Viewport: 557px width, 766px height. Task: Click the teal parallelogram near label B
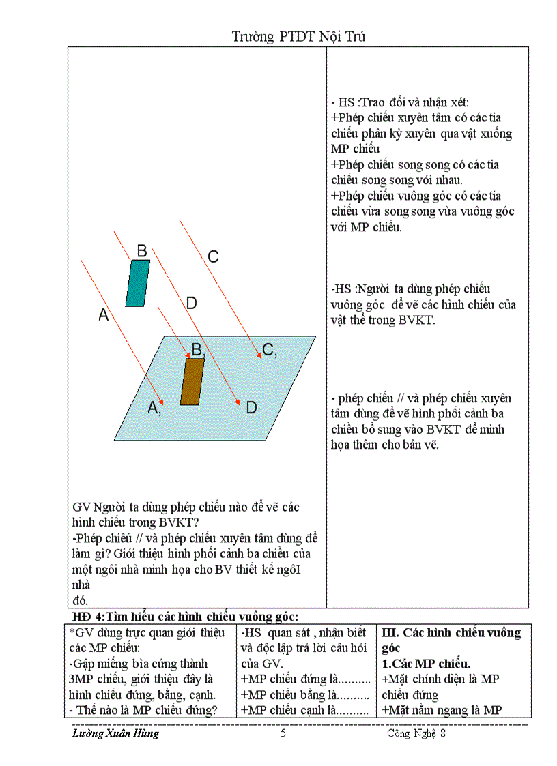tap(138, 283)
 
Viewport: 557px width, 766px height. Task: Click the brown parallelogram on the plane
tap(192, 381)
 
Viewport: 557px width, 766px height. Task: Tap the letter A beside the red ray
tap(104, 315)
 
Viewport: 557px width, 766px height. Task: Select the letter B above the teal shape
tap(142, 251)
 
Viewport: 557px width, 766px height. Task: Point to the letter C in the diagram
tap(213, 257)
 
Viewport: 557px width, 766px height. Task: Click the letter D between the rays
tap(191, 304)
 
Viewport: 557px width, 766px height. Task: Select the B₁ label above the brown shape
tap(197, 351)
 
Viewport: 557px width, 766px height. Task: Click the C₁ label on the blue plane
tap(269, 350)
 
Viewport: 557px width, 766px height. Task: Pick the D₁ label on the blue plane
tap(253, 408)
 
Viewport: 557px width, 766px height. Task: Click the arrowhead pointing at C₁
tap(259, 355)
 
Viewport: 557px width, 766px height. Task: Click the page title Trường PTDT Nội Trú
tap(298, 37)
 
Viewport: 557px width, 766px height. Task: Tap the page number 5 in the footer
tap(283, 734)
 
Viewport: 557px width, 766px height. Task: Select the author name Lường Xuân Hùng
tap(115, 734)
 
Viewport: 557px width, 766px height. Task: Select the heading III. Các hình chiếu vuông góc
tap(451, 640)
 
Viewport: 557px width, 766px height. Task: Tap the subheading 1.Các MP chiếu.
tap(426, 663)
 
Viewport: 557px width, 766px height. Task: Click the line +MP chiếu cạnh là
tap(305, 710)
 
